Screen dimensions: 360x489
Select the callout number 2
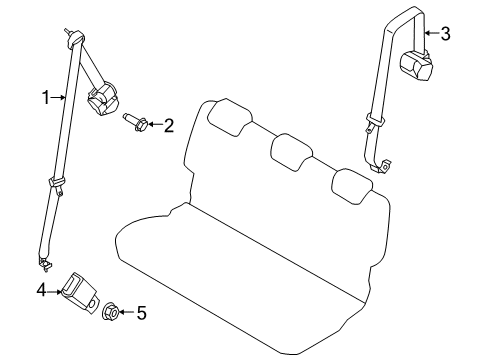pyautogui.click(x=168, y=125)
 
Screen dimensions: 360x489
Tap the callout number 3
pyautogui.click(x=445, y=34)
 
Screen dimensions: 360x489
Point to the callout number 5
pyautogui.click(x=141, y=313)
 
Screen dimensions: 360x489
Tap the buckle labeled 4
pyautogui.click(x=79, y=290)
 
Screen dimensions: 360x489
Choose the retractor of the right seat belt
pyautogui.click(x=417, y=65)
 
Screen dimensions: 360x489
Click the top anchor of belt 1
pyautogui.click(x=72, y=38)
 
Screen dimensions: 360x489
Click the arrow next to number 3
pyautogui.click(x=428, y=34)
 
